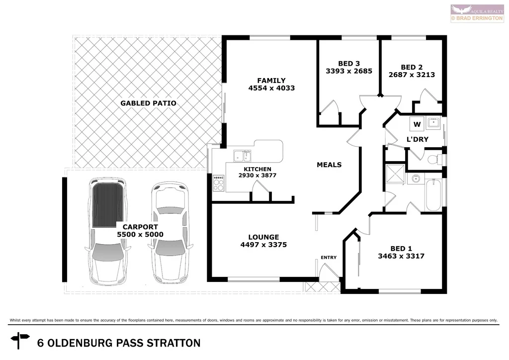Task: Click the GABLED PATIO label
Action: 148,103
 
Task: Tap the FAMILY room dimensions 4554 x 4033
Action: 271,88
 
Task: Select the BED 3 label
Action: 349,63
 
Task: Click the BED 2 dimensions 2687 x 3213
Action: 412,75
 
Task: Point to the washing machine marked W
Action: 417,123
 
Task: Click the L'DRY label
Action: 417,140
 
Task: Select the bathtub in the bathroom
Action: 433,195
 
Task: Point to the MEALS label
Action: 329,165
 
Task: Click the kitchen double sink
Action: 243,156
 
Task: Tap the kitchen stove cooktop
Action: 219,183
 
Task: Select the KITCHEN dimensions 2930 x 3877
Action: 257,176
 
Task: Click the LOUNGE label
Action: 263,237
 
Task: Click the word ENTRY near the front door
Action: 329,258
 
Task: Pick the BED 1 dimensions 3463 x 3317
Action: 401,256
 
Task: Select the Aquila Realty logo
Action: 476,13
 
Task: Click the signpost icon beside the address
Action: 21,342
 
